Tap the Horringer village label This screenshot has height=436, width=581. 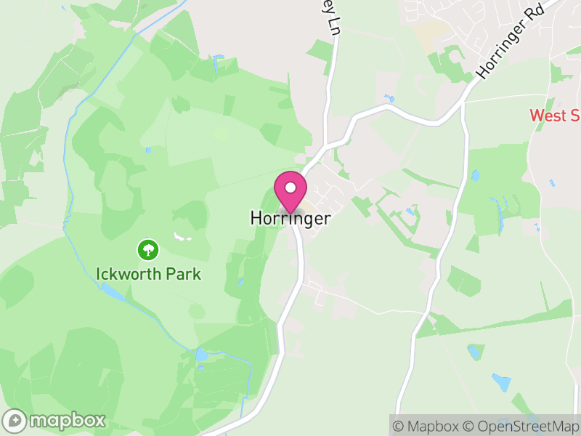[x=290, y=218]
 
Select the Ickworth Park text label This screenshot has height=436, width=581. [x=148, y=275]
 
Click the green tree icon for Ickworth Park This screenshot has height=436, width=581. [x=148, y=251]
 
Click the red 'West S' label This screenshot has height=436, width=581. [x=554, y=116]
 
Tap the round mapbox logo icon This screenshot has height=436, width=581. [x=16, y=420]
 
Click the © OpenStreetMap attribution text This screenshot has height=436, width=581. [x=521, y=426]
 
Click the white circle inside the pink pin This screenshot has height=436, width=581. [x=290, y=187]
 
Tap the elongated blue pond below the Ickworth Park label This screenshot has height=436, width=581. [x=113, y=292]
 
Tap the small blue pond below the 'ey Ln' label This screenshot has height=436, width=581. [x=389, y=98]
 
